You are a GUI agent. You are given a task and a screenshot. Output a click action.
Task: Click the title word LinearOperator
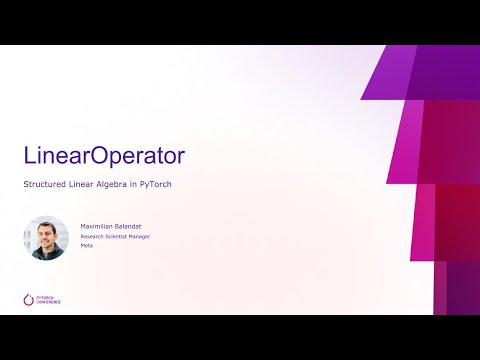click(104, 156)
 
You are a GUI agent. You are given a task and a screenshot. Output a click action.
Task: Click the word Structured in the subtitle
click(44, 186)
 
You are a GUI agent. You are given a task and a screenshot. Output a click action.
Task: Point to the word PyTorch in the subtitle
click(162, 186)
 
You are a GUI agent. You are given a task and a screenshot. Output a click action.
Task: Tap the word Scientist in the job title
click(122, 236)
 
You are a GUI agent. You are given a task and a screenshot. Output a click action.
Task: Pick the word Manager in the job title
click(148, 236)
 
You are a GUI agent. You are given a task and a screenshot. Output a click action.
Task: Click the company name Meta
click(87, 245)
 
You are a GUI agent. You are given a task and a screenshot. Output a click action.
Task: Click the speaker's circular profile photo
click(46, 238)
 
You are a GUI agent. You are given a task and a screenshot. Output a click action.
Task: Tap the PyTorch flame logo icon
click(27, 298)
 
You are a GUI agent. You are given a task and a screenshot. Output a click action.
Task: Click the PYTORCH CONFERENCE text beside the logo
click(47, 298)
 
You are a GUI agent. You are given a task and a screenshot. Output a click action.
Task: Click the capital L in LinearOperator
click(30, 156)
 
